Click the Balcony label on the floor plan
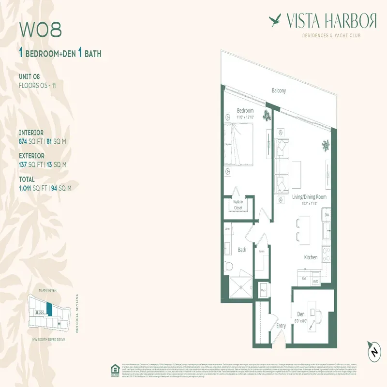[x=279, y=90]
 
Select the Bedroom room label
[x=245, y=111]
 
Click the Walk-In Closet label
[x=238, y=205]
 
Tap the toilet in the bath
[x=229, y=266]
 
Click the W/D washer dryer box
[x=315, y=281]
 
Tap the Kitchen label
[x=311, y=257]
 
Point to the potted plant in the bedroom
[x=266, y=115]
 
